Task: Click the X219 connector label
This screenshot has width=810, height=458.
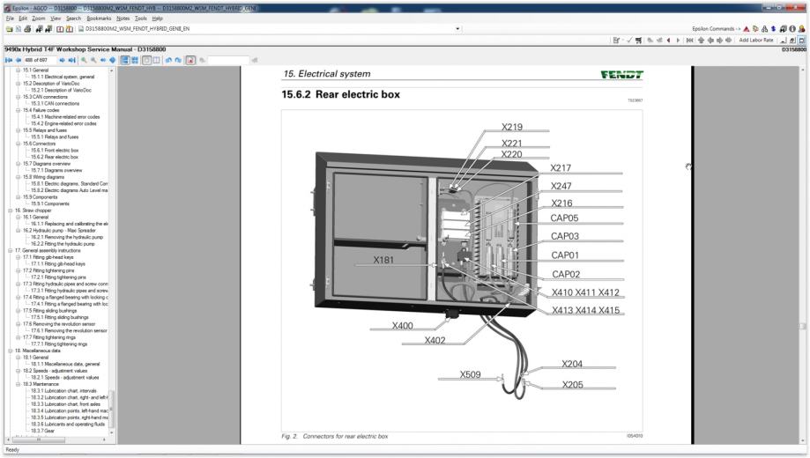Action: [x=512, y=126]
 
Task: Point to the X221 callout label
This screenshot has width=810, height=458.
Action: [x=512, y=143]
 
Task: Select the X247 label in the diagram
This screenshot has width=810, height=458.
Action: [x=561, y=186]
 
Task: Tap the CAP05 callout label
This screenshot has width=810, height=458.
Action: [x=565, y=218]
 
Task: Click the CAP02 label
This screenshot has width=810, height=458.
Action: [x=565, y=273]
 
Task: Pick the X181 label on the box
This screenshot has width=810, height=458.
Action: [x=384, y=260]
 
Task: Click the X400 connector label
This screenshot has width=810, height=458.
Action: [x=403, y=326]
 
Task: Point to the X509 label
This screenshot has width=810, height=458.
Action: [x=471, y=374]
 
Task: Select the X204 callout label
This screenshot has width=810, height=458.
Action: [x=572, y=363]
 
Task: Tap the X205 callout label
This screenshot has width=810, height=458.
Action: [x=572, y=384]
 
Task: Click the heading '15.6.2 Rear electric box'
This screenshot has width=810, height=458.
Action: [x=340, y=94]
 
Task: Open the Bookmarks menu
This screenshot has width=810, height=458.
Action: [x=99, y=18]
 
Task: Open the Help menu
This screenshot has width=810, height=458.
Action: [x=157, y=18]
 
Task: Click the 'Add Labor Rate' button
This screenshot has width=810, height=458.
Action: [x=756, y=40]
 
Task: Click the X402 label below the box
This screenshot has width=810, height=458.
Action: [x=435, y=340]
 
